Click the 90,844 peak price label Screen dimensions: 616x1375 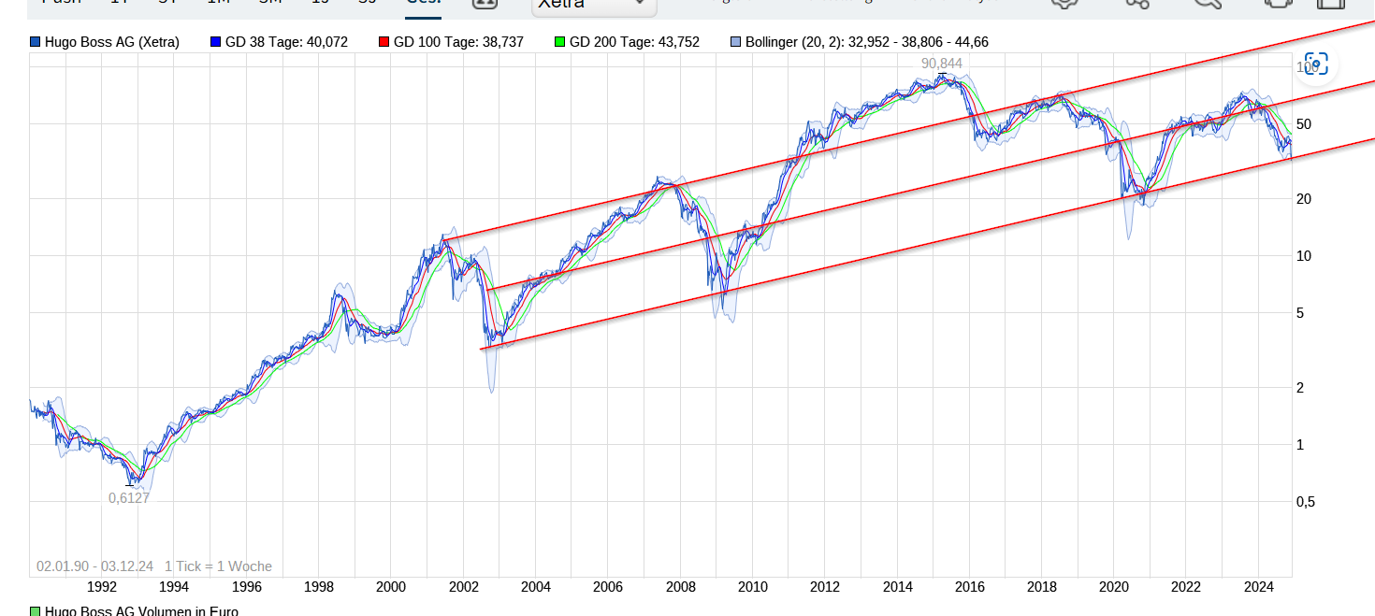[941, 64]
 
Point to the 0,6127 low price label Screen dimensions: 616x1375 [129, 498]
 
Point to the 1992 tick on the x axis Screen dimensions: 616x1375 [101, 587]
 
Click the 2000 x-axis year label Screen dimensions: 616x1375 [390, 587]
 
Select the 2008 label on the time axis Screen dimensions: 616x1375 [680, 587]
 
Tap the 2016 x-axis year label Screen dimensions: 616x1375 [969, 587]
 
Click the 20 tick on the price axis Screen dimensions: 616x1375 [1303, 199]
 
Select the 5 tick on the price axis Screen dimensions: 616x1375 [1300, 313]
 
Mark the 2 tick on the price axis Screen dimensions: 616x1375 [1300, 388]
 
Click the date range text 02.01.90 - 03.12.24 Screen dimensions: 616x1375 [94, 566]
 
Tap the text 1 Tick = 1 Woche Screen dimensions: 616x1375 [218, 566]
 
